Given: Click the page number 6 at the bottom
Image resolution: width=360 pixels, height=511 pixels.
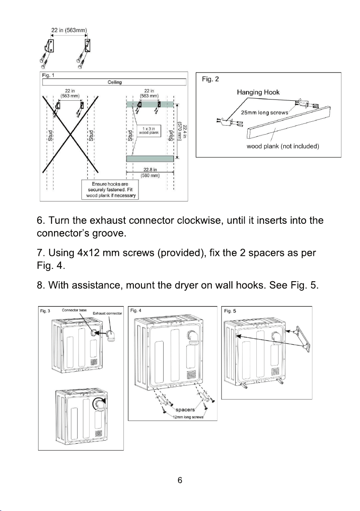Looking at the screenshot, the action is [180, 480].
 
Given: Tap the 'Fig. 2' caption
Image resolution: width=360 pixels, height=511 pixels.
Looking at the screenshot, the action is [210, 79].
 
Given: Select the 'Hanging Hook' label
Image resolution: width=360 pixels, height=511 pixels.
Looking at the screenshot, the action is [258, 92].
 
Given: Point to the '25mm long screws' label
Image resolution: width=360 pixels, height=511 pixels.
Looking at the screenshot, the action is [264, 113].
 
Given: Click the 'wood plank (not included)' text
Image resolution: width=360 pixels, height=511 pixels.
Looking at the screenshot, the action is [283, 146].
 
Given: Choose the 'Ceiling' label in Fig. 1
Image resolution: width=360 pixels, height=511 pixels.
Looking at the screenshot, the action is [114, 82].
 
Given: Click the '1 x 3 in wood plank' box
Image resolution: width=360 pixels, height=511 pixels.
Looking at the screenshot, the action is [149, 131].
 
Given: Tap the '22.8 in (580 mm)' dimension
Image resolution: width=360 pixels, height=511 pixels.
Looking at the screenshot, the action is [150, 172].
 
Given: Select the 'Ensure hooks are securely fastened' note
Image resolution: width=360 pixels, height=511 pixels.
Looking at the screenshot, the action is [111, 189].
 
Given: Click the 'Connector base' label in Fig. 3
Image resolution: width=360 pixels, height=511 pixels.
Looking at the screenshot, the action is [74, 310].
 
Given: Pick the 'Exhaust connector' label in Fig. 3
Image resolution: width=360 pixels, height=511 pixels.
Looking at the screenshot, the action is [107, 313].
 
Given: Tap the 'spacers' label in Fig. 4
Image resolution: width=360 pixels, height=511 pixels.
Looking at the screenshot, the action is [185, 410].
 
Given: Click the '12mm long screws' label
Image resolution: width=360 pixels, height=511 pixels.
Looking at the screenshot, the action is [188, 417].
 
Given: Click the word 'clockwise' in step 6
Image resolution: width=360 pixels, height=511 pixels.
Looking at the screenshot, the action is [199, 221].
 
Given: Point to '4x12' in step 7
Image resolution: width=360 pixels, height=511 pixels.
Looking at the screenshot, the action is [88, 253].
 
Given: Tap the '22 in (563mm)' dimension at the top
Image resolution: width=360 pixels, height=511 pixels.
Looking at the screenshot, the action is [69, 30].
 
